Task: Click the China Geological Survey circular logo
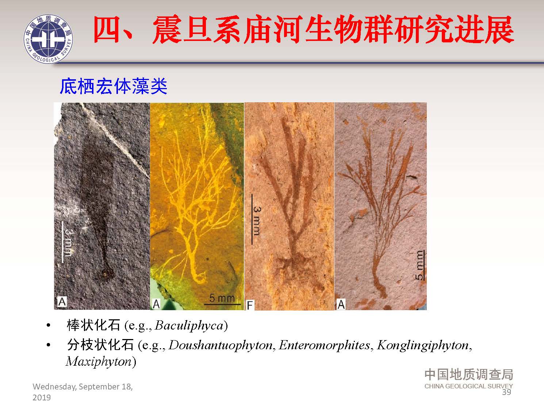tap(48, 39)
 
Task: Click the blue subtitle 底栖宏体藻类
tap(114, 86)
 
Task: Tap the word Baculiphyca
tap(189, 325)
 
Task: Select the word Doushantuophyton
tap(221, 345)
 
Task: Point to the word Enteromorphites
tap(325, 345)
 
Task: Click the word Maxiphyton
tap(99, 362)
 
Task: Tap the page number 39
tap(506, 392)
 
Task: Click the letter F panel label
tap(250, 305)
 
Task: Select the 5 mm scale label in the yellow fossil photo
tap(222, 298)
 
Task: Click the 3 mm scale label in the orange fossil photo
tap(257, 221)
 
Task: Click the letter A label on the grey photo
tap(62, 302)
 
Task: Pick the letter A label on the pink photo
tap(341, 304)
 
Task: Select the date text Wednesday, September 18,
tap(83, 387)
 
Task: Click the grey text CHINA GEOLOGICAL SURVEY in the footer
tap(468, 386)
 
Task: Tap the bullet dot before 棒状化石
tap(48, 325)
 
